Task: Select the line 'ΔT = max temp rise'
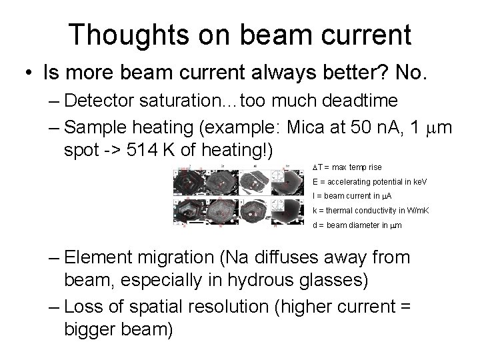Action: click(x=347, y=167)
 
